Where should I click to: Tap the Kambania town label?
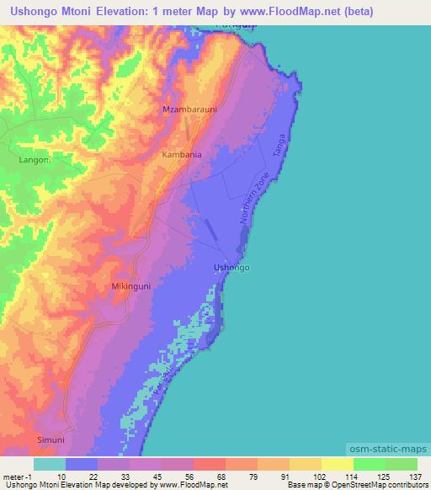pos(182,155)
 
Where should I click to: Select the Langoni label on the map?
pos(35,158)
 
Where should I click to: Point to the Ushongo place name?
pos(231,268)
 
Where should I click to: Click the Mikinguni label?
pos(131,287)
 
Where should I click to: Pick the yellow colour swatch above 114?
pos(337,464)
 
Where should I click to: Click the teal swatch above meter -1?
pos(50,464)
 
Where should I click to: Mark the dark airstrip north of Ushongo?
pos(210,227)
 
